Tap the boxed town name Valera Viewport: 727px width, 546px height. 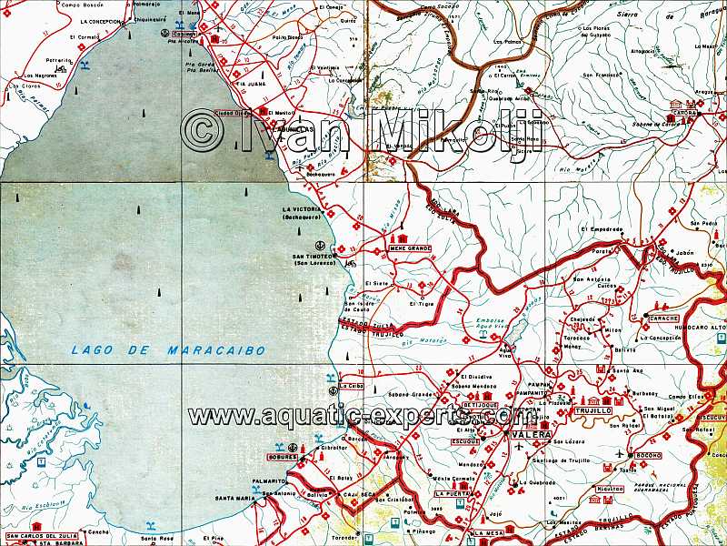524,436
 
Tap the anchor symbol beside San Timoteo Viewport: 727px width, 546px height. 319,246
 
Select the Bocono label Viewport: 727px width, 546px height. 647,454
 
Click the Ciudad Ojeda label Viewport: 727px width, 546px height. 233,113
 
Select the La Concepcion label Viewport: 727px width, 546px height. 102,20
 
